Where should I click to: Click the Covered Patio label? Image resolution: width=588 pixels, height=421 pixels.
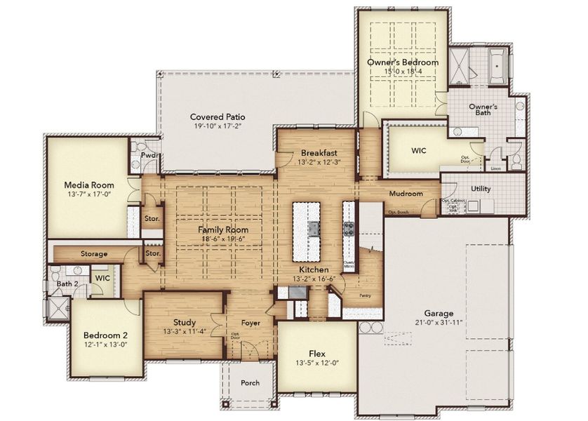point(217,116)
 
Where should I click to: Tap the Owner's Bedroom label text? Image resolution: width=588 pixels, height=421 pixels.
point(403,62)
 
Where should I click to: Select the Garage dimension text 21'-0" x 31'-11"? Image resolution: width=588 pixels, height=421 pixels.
point(439,323)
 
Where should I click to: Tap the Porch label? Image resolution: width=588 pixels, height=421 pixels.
point(250,383)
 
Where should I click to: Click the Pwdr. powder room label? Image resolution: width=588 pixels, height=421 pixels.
point(148,155)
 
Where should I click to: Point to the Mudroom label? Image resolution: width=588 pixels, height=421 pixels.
point(406,194)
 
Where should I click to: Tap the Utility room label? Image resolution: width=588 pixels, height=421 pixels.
point(481,189)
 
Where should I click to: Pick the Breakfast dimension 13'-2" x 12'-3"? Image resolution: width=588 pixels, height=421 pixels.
point(319,162)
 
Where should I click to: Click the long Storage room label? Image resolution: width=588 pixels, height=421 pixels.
point(94,253)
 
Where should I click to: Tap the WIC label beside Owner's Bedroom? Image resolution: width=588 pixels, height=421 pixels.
point(419,150)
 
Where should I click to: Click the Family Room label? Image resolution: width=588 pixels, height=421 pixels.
point(222,229)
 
